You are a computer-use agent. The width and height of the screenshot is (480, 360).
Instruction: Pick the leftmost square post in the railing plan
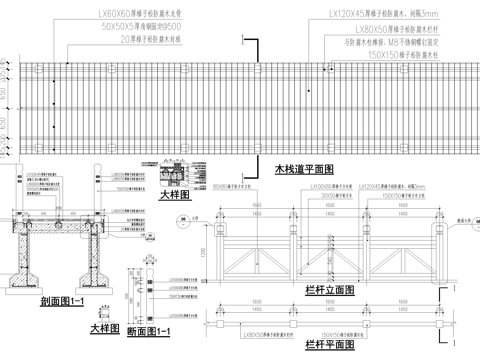(x=219, y=318)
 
